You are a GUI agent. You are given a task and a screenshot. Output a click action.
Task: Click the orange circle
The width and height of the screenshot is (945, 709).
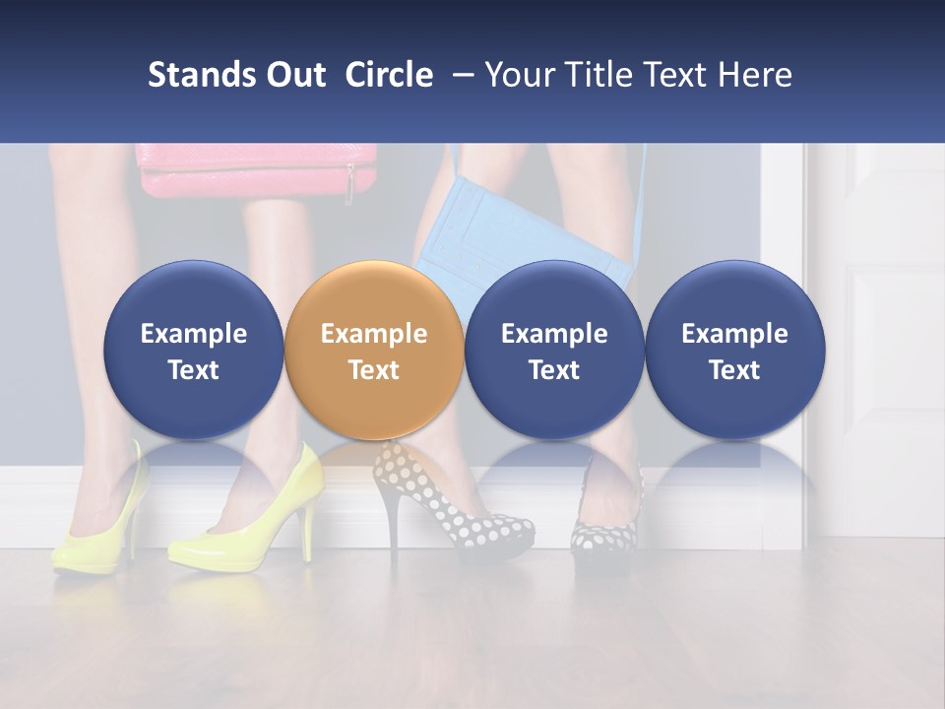pos(373,350)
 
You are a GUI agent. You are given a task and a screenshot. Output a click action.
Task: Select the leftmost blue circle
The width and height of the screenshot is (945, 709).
pos(193,350)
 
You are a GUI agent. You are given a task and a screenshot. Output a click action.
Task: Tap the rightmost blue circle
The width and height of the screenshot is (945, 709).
pos(734,350)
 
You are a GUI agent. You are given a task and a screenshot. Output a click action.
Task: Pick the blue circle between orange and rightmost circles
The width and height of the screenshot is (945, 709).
pos(554,350)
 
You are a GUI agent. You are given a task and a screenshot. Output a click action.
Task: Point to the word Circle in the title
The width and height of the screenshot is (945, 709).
pos(389,75)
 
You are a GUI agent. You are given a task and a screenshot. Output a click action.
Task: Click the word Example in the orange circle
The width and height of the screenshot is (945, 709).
pos(374,334)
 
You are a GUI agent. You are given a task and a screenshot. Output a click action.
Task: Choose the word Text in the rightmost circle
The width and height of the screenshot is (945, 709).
pos(734,370)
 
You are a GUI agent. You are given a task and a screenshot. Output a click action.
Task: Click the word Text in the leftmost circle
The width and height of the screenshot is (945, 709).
pos(193,370)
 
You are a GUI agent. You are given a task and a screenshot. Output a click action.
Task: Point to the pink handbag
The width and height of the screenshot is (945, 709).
pos(258,169)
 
